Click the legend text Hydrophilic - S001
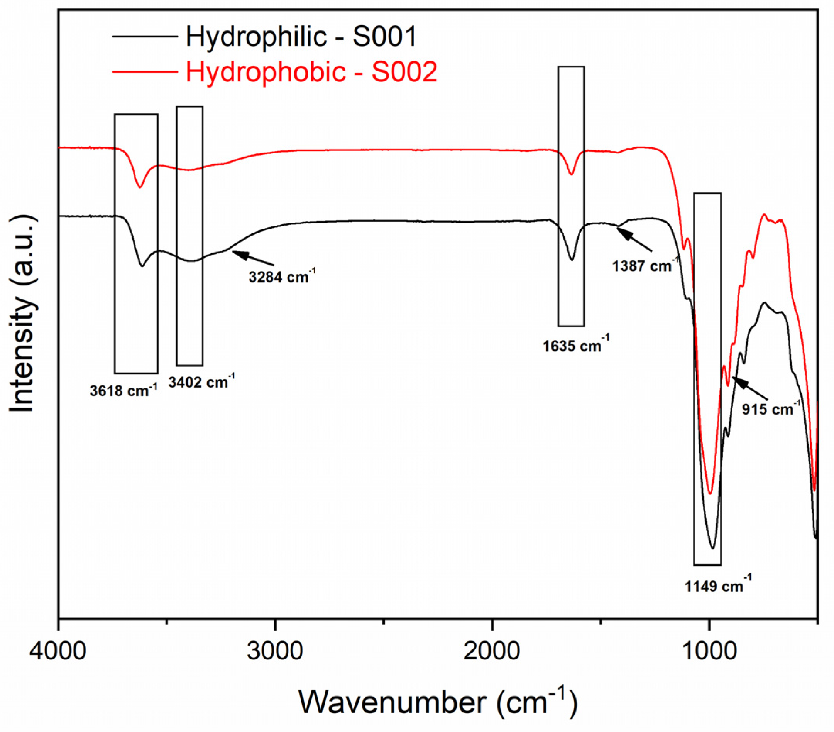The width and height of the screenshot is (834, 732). click(x=301, y=37)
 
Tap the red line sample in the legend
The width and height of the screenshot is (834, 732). click(x=145, y=72)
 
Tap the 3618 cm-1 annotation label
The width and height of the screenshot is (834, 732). click(x=123, y=391)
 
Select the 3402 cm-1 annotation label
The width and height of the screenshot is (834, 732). click(x=201, y=382)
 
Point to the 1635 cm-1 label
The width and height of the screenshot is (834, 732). click(x=576, y=346)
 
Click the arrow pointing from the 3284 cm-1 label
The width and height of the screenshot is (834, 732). click(x=253, y=258)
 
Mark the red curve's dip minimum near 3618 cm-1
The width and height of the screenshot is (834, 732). click(x=140, y=187)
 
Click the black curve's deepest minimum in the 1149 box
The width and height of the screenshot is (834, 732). click(x=712, y=548)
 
